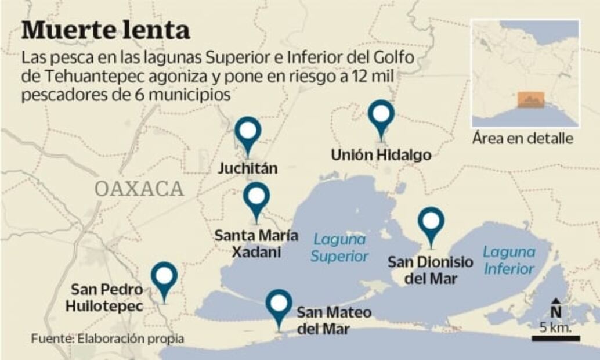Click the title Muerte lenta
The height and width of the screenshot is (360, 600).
click(x=106, y=30)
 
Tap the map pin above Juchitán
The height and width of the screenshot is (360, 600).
click(x=248, y=131)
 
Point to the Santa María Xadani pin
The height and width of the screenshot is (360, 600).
click(x=256, y=197)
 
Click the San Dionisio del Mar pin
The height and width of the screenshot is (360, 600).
click(x=431, y=222)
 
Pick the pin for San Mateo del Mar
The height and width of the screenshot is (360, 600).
click(x=279, y=304)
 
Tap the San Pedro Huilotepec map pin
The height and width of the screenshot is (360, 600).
click(x=164, y=276)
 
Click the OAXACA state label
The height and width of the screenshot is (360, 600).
click(x=139, y=189)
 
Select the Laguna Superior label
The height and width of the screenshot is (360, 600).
click(x=340, y=247)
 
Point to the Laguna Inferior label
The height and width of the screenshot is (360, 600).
click(x=509, y=261)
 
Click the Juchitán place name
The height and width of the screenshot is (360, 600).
click(x=248, y=169)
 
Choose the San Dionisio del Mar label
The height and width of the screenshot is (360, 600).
click(x=431, y=270)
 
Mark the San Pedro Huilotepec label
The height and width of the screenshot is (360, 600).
click(x=104, y=297)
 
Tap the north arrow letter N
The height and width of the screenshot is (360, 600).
click(x=555, y=312)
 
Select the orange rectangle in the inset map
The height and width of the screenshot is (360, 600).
click(x=530, y=100)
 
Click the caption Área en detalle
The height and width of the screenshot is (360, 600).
click(x=522, y=139)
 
